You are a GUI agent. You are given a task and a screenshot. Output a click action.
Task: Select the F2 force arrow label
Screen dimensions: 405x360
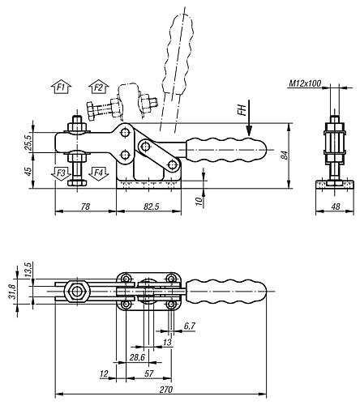point(99,86)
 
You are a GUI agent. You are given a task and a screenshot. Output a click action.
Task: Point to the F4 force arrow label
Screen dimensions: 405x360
point(99,173)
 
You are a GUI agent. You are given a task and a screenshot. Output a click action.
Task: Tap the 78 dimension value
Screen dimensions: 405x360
point(86,207)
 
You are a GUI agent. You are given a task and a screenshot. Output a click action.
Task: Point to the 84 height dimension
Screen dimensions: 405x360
point(285,156)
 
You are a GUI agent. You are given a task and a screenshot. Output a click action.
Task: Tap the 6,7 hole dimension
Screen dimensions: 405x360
point(189,325)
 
